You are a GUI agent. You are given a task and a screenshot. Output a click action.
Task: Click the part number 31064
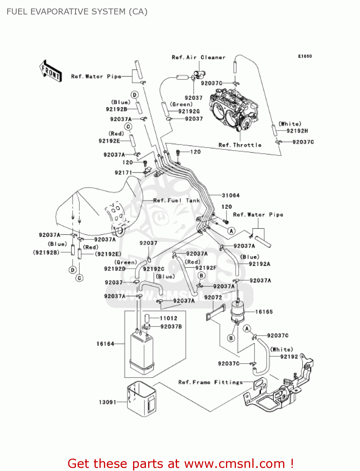[x=231, y=195]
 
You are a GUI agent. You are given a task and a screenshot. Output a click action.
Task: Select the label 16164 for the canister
[x=105, y=344]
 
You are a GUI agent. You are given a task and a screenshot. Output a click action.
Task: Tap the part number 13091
[x=107, y=402]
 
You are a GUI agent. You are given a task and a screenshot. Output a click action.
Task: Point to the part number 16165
[x=264, y=312]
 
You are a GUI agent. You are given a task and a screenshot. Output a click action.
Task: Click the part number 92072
[x=213, y=297]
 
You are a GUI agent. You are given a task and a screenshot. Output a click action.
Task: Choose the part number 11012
[x=169, y=318]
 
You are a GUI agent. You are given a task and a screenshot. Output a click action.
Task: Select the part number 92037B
[x=171, y=327]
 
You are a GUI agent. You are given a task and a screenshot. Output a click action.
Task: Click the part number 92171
[x=123, y=172]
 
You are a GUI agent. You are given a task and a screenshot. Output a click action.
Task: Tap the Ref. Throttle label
[x=240, y=145]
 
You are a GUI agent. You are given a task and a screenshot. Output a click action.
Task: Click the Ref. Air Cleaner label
[x=198, y=57]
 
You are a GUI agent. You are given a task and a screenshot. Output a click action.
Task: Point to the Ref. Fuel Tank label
[x=176, y=200]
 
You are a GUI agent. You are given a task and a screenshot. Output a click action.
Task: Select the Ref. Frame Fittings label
[x=210, y=382]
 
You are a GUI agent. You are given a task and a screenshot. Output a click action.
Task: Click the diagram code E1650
[x=305, y=56]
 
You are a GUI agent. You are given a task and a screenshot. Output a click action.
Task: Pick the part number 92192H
[x=297, y=131]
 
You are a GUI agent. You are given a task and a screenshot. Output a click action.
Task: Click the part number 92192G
[x=189, y=111]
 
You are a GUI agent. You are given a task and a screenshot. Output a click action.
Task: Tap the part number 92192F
[x=206, y=268]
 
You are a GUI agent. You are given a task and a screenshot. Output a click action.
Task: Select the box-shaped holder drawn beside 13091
[x=141, y=399]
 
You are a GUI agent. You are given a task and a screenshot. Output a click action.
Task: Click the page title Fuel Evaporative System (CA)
[x=77, y=12]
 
